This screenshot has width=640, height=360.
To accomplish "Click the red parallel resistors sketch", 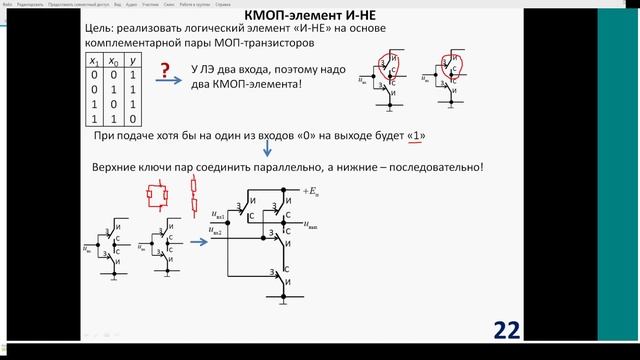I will click(x=156, y=198).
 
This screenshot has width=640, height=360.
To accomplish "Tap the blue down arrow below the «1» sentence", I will click(x=267, y=152).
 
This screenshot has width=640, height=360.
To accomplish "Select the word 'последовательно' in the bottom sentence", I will click(x=430, y=166).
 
